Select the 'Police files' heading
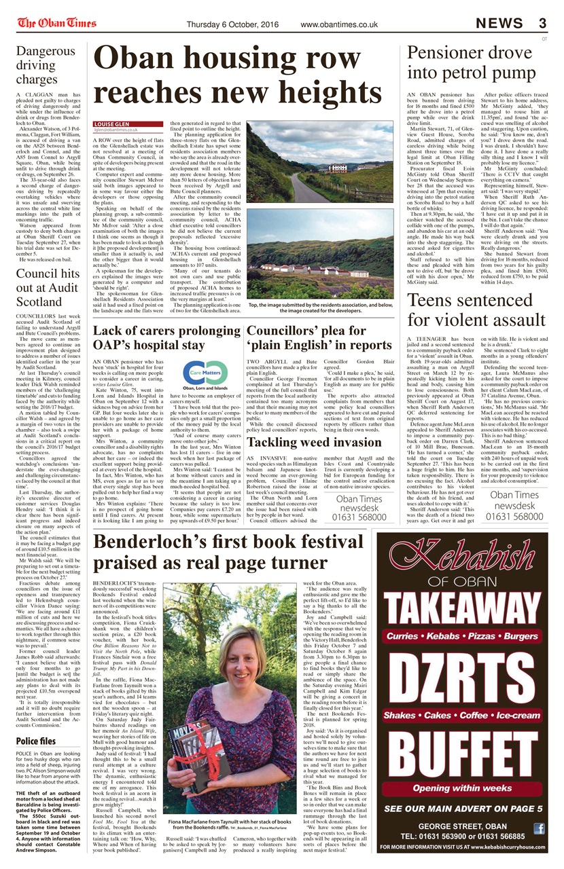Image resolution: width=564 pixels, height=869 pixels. click(x=37, y=741)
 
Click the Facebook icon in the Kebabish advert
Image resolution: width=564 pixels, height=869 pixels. click(x=539, y=828)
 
